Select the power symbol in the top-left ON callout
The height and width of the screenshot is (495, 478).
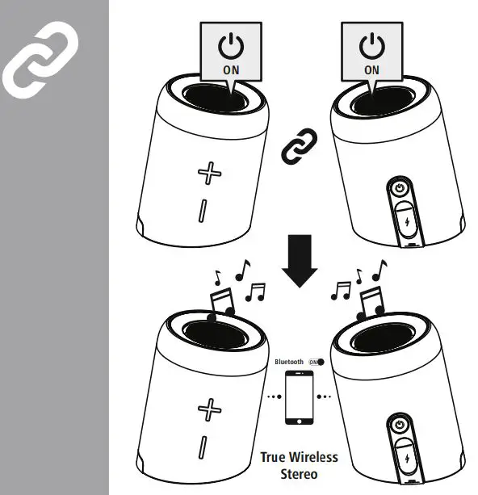(230, 46)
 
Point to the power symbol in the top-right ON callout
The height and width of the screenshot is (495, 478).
(371, 46)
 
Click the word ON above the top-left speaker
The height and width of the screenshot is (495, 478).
(230, 70)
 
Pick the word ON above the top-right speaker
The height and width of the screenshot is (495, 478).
(371, 70)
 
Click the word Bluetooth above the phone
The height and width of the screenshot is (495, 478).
(289, 363)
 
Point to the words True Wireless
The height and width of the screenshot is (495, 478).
(299, 458)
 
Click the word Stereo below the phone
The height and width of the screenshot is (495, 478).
(299, 473)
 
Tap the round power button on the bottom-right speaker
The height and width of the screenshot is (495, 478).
(399, 426)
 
